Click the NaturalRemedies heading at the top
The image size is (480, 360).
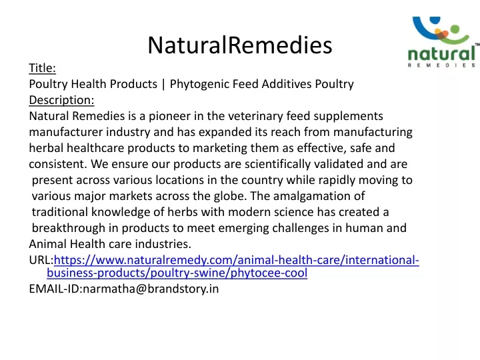[x=240, y=45]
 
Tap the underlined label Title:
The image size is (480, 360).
[x=42, y=68]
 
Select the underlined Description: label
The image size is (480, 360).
[x=61, y=100]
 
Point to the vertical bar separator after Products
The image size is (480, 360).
[x=163, y=84]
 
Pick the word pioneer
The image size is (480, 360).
[x=167, y=116]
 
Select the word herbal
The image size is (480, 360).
[x=46, y=148]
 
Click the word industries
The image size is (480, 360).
[x=163, y=244]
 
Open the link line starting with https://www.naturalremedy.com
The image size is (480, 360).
[x=236, y=260]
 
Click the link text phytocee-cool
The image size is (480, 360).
[x=269, y=273]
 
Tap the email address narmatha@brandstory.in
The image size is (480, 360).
[x=151, y=289]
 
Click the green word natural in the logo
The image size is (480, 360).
[x=441, y=54]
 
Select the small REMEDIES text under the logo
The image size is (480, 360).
[x=441, y=65]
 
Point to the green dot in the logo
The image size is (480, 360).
[x=455, y=29]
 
